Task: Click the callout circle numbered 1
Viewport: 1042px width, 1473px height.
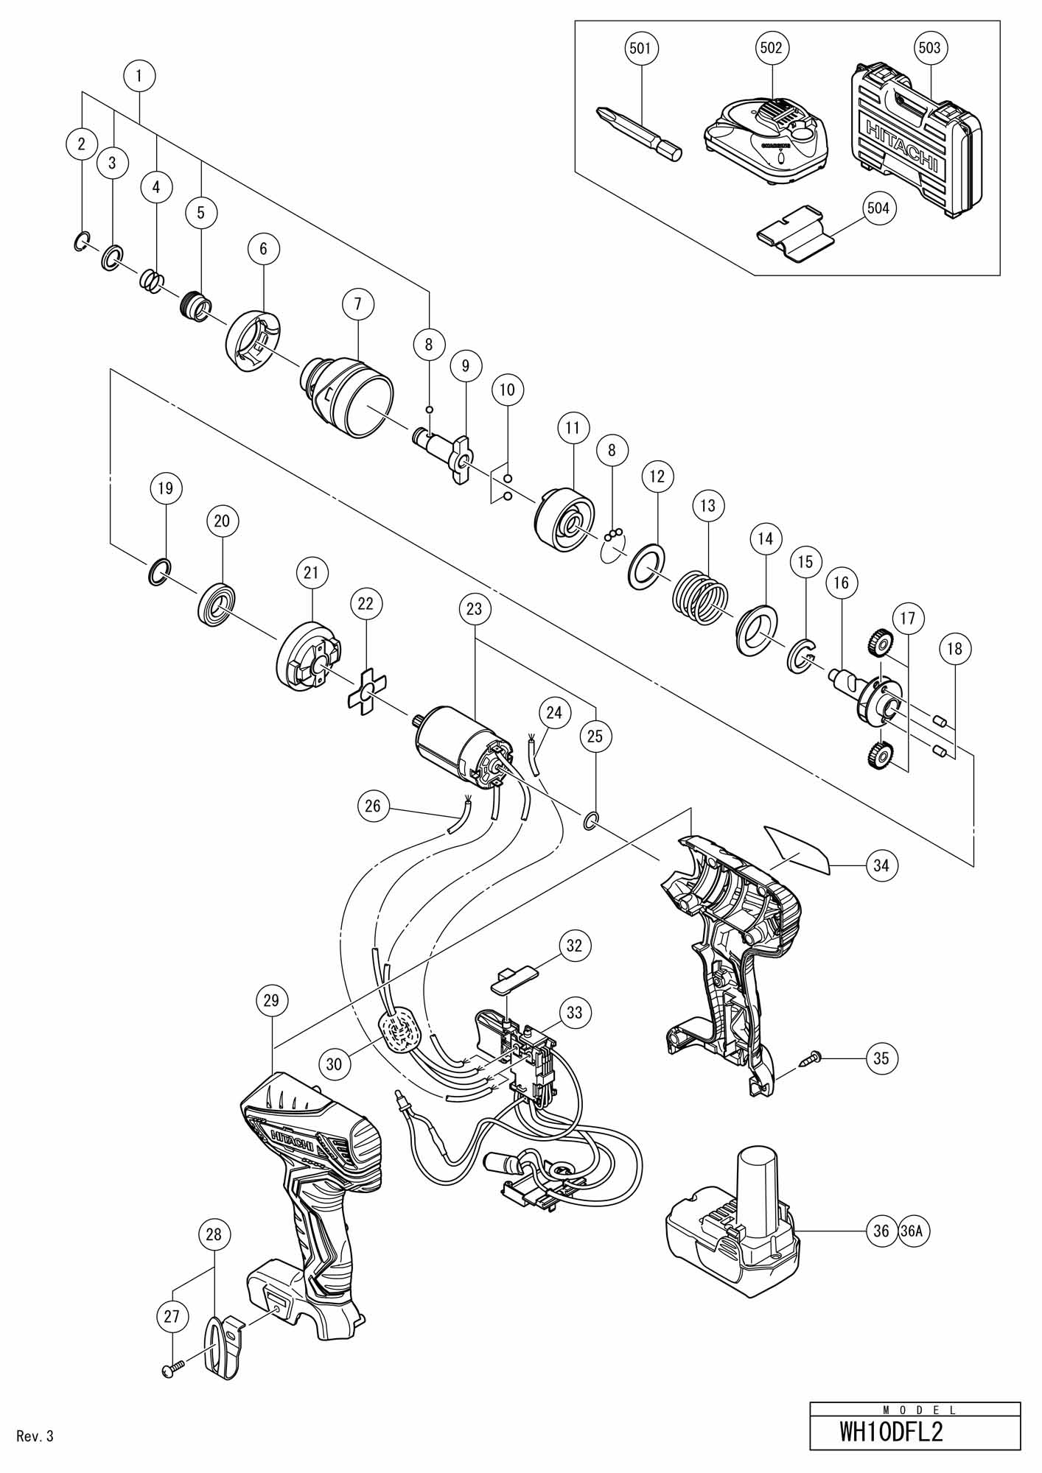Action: [x=140, y=74]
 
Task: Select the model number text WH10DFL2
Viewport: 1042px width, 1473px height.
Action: [x=892, y=1433]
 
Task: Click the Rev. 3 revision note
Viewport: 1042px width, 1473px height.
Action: [x=35, y=1435]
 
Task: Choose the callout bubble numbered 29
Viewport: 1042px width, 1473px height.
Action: [x=272, y=1000]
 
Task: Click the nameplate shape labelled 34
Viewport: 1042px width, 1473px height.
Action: [x=797, y=848]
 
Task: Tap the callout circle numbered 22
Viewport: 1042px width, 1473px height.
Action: [x=366, y=603]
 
